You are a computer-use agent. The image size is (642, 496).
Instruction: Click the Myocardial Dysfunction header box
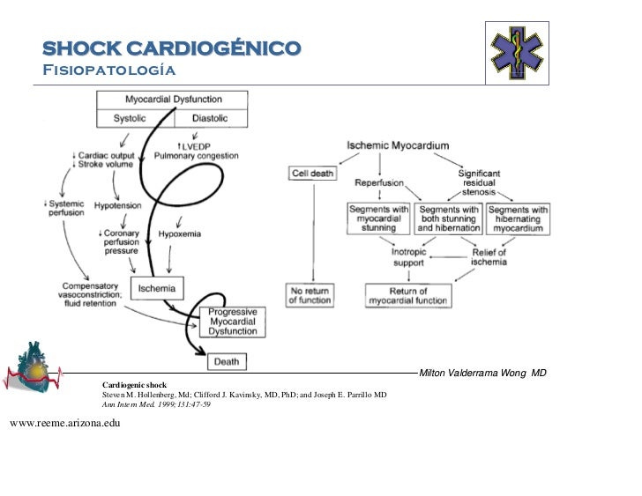173,100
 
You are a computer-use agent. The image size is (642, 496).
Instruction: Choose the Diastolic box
209,118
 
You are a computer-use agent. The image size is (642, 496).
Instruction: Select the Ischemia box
156,287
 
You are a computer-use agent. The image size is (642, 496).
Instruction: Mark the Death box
227,361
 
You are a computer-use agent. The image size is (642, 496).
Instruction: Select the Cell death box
312,174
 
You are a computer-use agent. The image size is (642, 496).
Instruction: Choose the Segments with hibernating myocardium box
518,218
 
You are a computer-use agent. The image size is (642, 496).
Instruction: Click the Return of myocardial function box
408,295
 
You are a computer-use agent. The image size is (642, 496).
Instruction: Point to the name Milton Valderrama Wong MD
482,374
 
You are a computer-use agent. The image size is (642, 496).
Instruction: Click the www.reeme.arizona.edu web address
64,424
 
